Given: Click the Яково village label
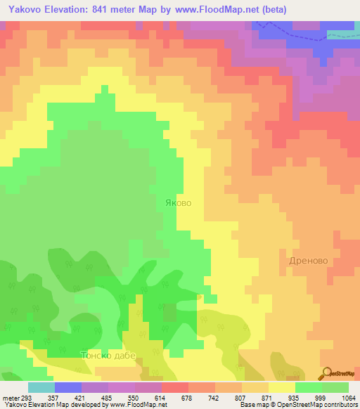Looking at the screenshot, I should [x=177, y=202].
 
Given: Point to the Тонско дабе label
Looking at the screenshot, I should [x=107, y=356].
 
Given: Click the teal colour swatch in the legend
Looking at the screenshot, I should [x=41, y=387].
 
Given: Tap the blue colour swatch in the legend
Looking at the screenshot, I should [x=68, y=387].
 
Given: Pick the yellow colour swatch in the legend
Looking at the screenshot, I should [x=282, y=387].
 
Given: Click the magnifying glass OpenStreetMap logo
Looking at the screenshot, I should [x=326, y=374].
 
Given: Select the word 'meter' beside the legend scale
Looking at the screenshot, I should [x=10, y=398].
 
